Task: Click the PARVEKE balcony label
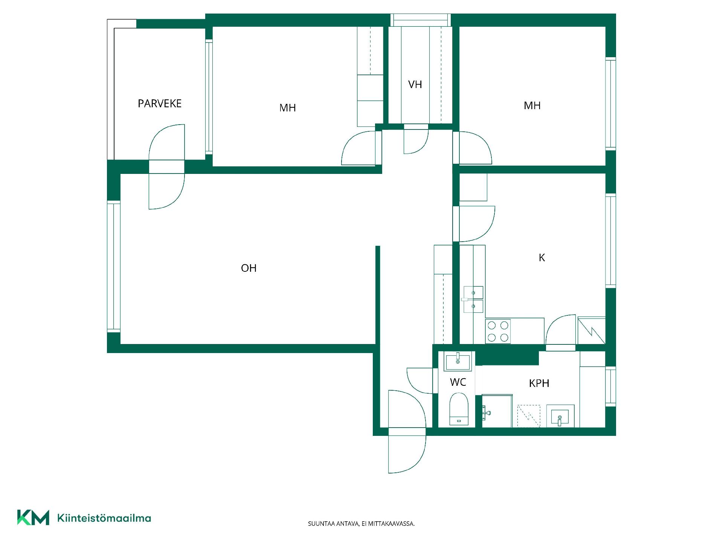point(160,104)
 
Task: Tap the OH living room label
point(249,268)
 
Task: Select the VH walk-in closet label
point(415,84)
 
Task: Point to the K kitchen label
point(542,257)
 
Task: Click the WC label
point(458,382)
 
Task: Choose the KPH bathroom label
point(539,383)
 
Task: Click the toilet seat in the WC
point(458,410)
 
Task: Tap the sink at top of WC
point(458,362)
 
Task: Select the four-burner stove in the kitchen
point(498,331)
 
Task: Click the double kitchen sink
point(473,299)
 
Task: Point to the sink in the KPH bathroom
point(560,416)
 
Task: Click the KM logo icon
point(33,518)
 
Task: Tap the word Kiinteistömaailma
point(104,518)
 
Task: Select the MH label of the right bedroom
point(532,105)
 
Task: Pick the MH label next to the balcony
point(287,108)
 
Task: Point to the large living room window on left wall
point(114,267)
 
